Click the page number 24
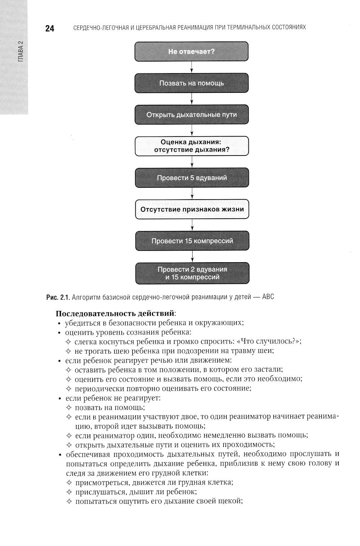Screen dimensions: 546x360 tap(50, 29)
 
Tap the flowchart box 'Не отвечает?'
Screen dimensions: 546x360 tap(192, 52)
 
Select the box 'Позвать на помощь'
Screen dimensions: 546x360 tap(192, 83)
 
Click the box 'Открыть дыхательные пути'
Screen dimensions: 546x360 tap(192, 115)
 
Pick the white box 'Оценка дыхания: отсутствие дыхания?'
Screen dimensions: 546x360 tap(192, 146)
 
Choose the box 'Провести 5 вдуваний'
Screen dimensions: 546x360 tap(192, 178)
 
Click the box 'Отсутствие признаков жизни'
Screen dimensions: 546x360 tap(192, 209)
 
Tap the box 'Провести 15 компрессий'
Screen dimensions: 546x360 tap(192, 241)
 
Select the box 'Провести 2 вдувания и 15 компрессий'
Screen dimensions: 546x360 tap(192, 273)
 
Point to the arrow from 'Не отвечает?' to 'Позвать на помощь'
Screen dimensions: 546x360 tap(192, 67)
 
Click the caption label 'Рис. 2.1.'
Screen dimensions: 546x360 tap(58, 297)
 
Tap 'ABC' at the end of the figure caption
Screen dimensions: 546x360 tap(268, 297)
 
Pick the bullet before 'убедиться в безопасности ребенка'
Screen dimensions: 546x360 tap(59, 323)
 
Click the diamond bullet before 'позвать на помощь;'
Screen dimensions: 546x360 tap(69, 408)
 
